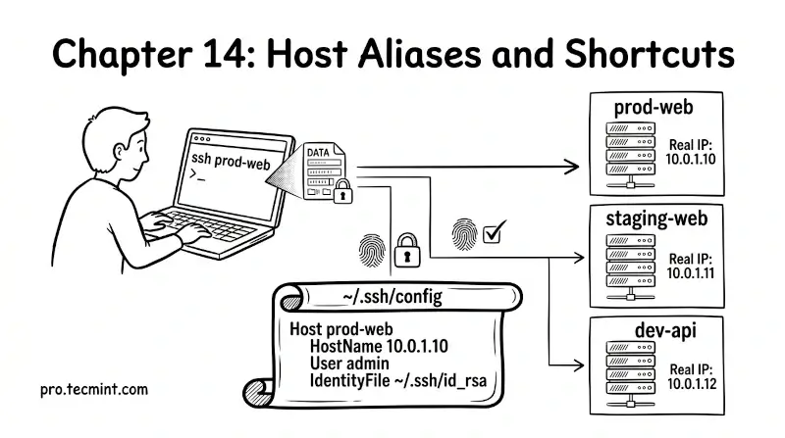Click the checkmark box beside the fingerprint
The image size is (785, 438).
click(496, 231)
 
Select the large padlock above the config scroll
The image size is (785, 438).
click(406, 253)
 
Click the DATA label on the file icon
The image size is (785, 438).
click(319, 153)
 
